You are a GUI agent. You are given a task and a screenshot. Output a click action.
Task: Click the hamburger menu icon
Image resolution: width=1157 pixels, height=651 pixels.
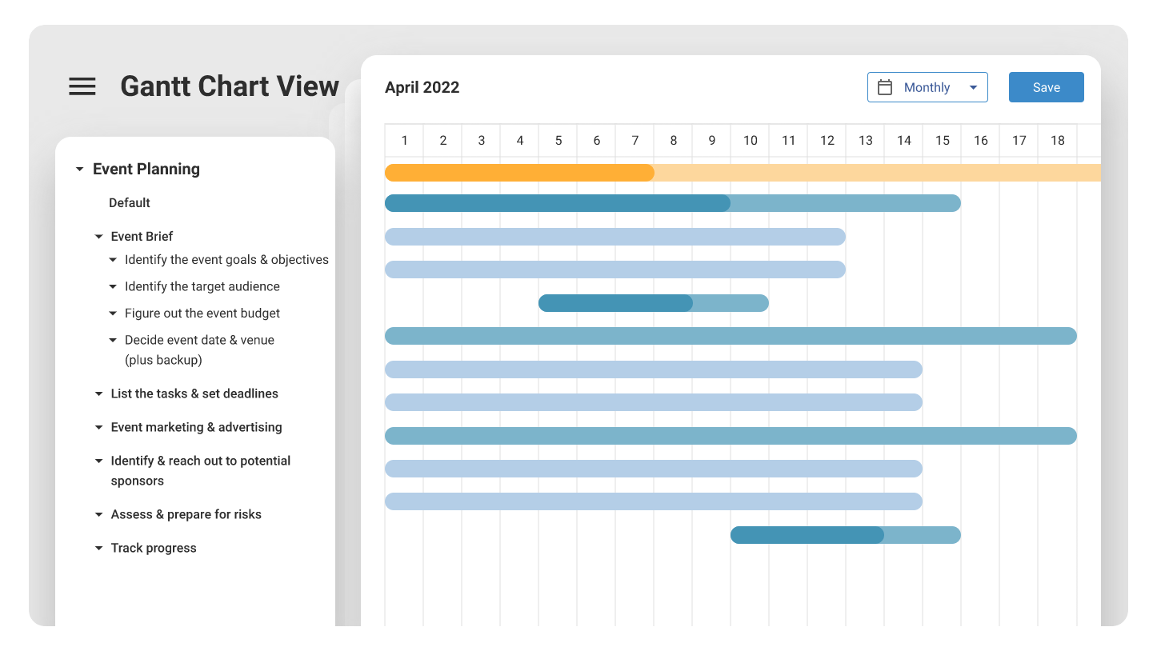(x=82, y=86)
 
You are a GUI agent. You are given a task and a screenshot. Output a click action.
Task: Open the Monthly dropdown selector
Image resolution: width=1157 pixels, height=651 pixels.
(x=927, y=87)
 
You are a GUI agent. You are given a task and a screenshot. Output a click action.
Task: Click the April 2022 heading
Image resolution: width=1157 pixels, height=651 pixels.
(x=422, y=88)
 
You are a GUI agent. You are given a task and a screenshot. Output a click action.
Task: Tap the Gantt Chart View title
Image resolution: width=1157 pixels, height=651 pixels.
(x=230, y=86)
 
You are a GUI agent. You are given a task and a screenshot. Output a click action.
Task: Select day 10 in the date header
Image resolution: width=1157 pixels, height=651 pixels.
(x=750, y=141)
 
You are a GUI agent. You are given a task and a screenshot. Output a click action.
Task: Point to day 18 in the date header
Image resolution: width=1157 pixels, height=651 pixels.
(x=1057, y=141)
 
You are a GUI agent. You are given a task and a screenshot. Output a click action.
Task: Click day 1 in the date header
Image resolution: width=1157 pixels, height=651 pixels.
(x=405, y=141)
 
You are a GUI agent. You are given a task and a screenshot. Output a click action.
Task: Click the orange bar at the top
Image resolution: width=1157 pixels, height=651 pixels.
(x=520, y=173)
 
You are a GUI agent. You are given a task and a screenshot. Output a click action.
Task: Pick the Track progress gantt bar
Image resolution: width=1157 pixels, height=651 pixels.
(x=845, y=535)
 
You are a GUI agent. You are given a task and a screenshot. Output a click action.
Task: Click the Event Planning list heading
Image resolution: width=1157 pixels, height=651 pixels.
(x=146, y=169)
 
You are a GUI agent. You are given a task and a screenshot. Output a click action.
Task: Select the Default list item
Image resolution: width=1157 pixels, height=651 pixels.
(x=130, y=203)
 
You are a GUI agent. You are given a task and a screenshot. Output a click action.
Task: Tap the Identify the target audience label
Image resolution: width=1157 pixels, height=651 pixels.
(x=202, y=286)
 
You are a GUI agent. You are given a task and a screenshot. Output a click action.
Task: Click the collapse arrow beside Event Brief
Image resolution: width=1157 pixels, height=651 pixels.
(x=99, y=237)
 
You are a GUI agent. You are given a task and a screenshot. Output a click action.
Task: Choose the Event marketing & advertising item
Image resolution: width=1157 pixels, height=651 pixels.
(x=196, y=427)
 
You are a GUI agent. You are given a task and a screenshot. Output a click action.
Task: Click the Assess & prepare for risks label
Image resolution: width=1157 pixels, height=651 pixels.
(x=186, y=514)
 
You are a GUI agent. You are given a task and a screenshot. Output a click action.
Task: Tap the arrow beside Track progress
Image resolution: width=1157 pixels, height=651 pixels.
(x=99, y=549)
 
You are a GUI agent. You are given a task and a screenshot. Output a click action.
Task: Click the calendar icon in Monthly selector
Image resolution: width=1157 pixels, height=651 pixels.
(x=885, y=87)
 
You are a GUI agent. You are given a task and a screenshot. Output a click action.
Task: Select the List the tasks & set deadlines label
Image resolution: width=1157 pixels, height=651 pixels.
(x=194, y=393)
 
